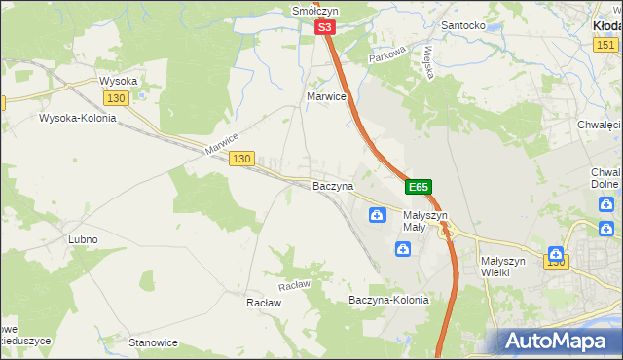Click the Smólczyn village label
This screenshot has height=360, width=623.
[x=313, y=11]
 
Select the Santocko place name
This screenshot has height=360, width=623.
[x=463, y=24]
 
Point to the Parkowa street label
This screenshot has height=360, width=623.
[x=386, y=58]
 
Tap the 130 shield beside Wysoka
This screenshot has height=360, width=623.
[x=117, y=98]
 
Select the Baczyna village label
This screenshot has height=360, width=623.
[x=332, y=185]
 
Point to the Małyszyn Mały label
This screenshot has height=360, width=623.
[x=424, y=221]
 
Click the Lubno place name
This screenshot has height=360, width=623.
[x=83, y=238]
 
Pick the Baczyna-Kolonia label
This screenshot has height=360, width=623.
[x=388, y=301]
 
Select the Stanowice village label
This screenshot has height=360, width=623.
[x=153, y=342]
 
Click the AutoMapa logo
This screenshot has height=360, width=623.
[x=557, y=342]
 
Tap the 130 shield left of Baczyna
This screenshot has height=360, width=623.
[x=242, y=159]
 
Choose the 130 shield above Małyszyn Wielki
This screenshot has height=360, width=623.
[x=556, y=261]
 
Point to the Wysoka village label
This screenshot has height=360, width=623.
[x=118, y=81]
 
